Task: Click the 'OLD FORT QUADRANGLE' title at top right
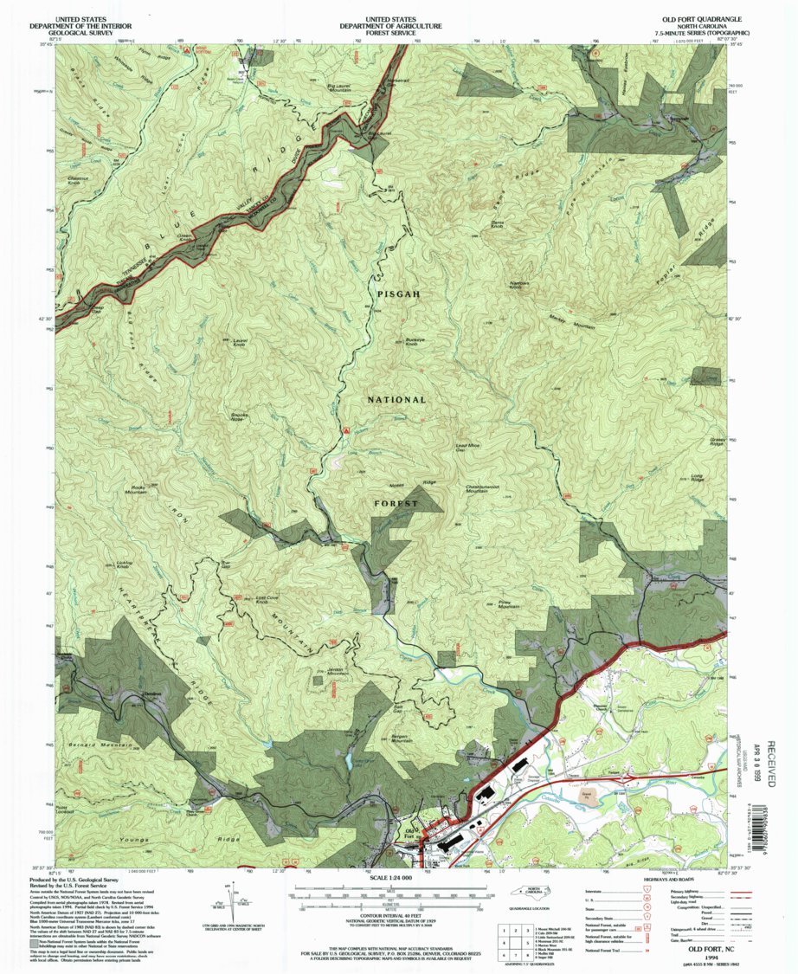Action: click(701, 17)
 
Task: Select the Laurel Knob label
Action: click(240, 342)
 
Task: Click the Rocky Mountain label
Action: click(144, 489)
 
